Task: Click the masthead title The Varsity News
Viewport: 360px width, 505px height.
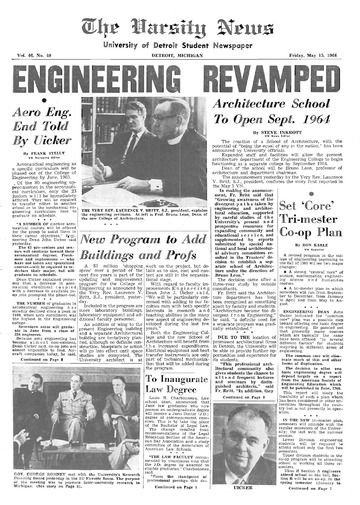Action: (180, 22)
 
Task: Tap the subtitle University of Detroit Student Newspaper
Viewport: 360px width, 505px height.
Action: (180, 41)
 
